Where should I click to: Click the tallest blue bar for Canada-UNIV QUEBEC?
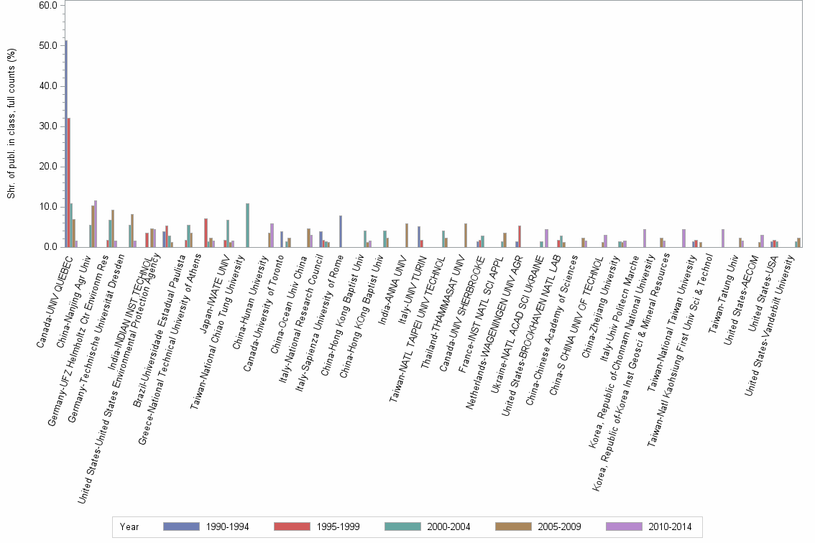[66, 144]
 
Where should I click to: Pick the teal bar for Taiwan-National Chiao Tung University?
[247, 225]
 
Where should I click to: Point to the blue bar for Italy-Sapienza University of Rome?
[341, 231]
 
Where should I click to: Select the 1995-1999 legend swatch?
[292, 527]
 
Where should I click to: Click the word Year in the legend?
[129, 527]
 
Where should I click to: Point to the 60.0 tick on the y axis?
[48, 6]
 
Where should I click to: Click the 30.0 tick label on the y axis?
[48, 126]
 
